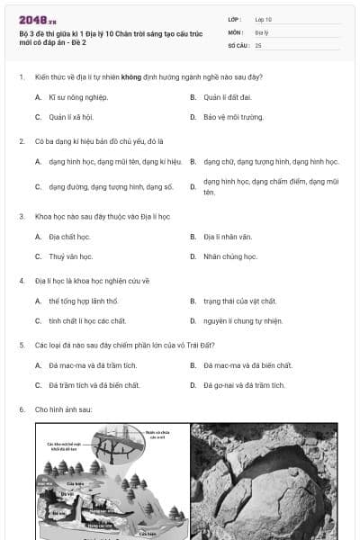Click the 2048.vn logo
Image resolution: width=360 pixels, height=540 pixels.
point(38,19)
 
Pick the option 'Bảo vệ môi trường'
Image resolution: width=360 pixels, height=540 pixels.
point(233,117)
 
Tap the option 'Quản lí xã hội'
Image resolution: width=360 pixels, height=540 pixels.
point(71,117)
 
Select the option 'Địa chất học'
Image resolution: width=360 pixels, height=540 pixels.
point(69,237)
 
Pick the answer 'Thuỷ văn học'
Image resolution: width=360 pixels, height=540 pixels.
point(71,256)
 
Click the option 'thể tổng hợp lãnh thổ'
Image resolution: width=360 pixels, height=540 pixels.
point(84,301)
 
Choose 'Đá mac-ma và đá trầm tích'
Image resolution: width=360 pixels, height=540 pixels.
point(90,365)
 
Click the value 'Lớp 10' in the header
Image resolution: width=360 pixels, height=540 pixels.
point(264,19)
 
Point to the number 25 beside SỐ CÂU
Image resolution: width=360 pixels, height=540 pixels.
point(258,44)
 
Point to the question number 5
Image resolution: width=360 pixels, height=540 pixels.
point(21,345)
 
